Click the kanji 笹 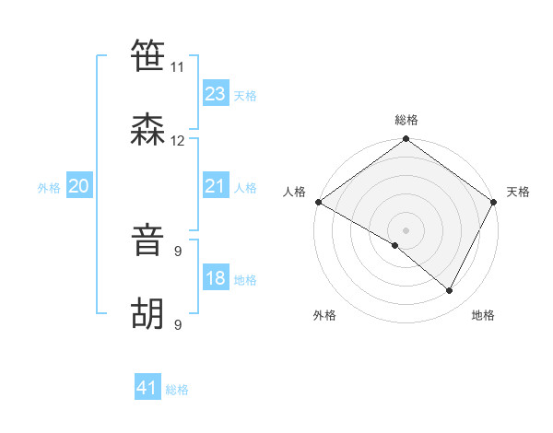click(148, 55)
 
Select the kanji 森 click(148, 130)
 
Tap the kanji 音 click(148, 240)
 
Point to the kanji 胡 click(148, 314)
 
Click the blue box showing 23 click(216, 94)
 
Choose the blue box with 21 click(216, 186)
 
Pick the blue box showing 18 click(216, 278)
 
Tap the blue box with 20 click(78, 186)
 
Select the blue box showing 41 click(147, 388)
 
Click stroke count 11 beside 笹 click(178, 67)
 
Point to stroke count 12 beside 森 click(178, 141)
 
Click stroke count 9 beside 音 click(178, 252)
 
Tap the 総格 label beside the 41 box click(177, 390)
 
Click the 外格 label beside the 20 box click(49, 188)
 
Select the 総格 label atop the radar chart click(406, 120)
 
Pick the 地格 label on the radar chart click(483, 316)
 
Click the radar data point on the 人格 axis click(318, 202)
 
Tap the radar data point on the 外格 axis click(395, 245)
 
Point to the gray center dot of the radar click(406, 229)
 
